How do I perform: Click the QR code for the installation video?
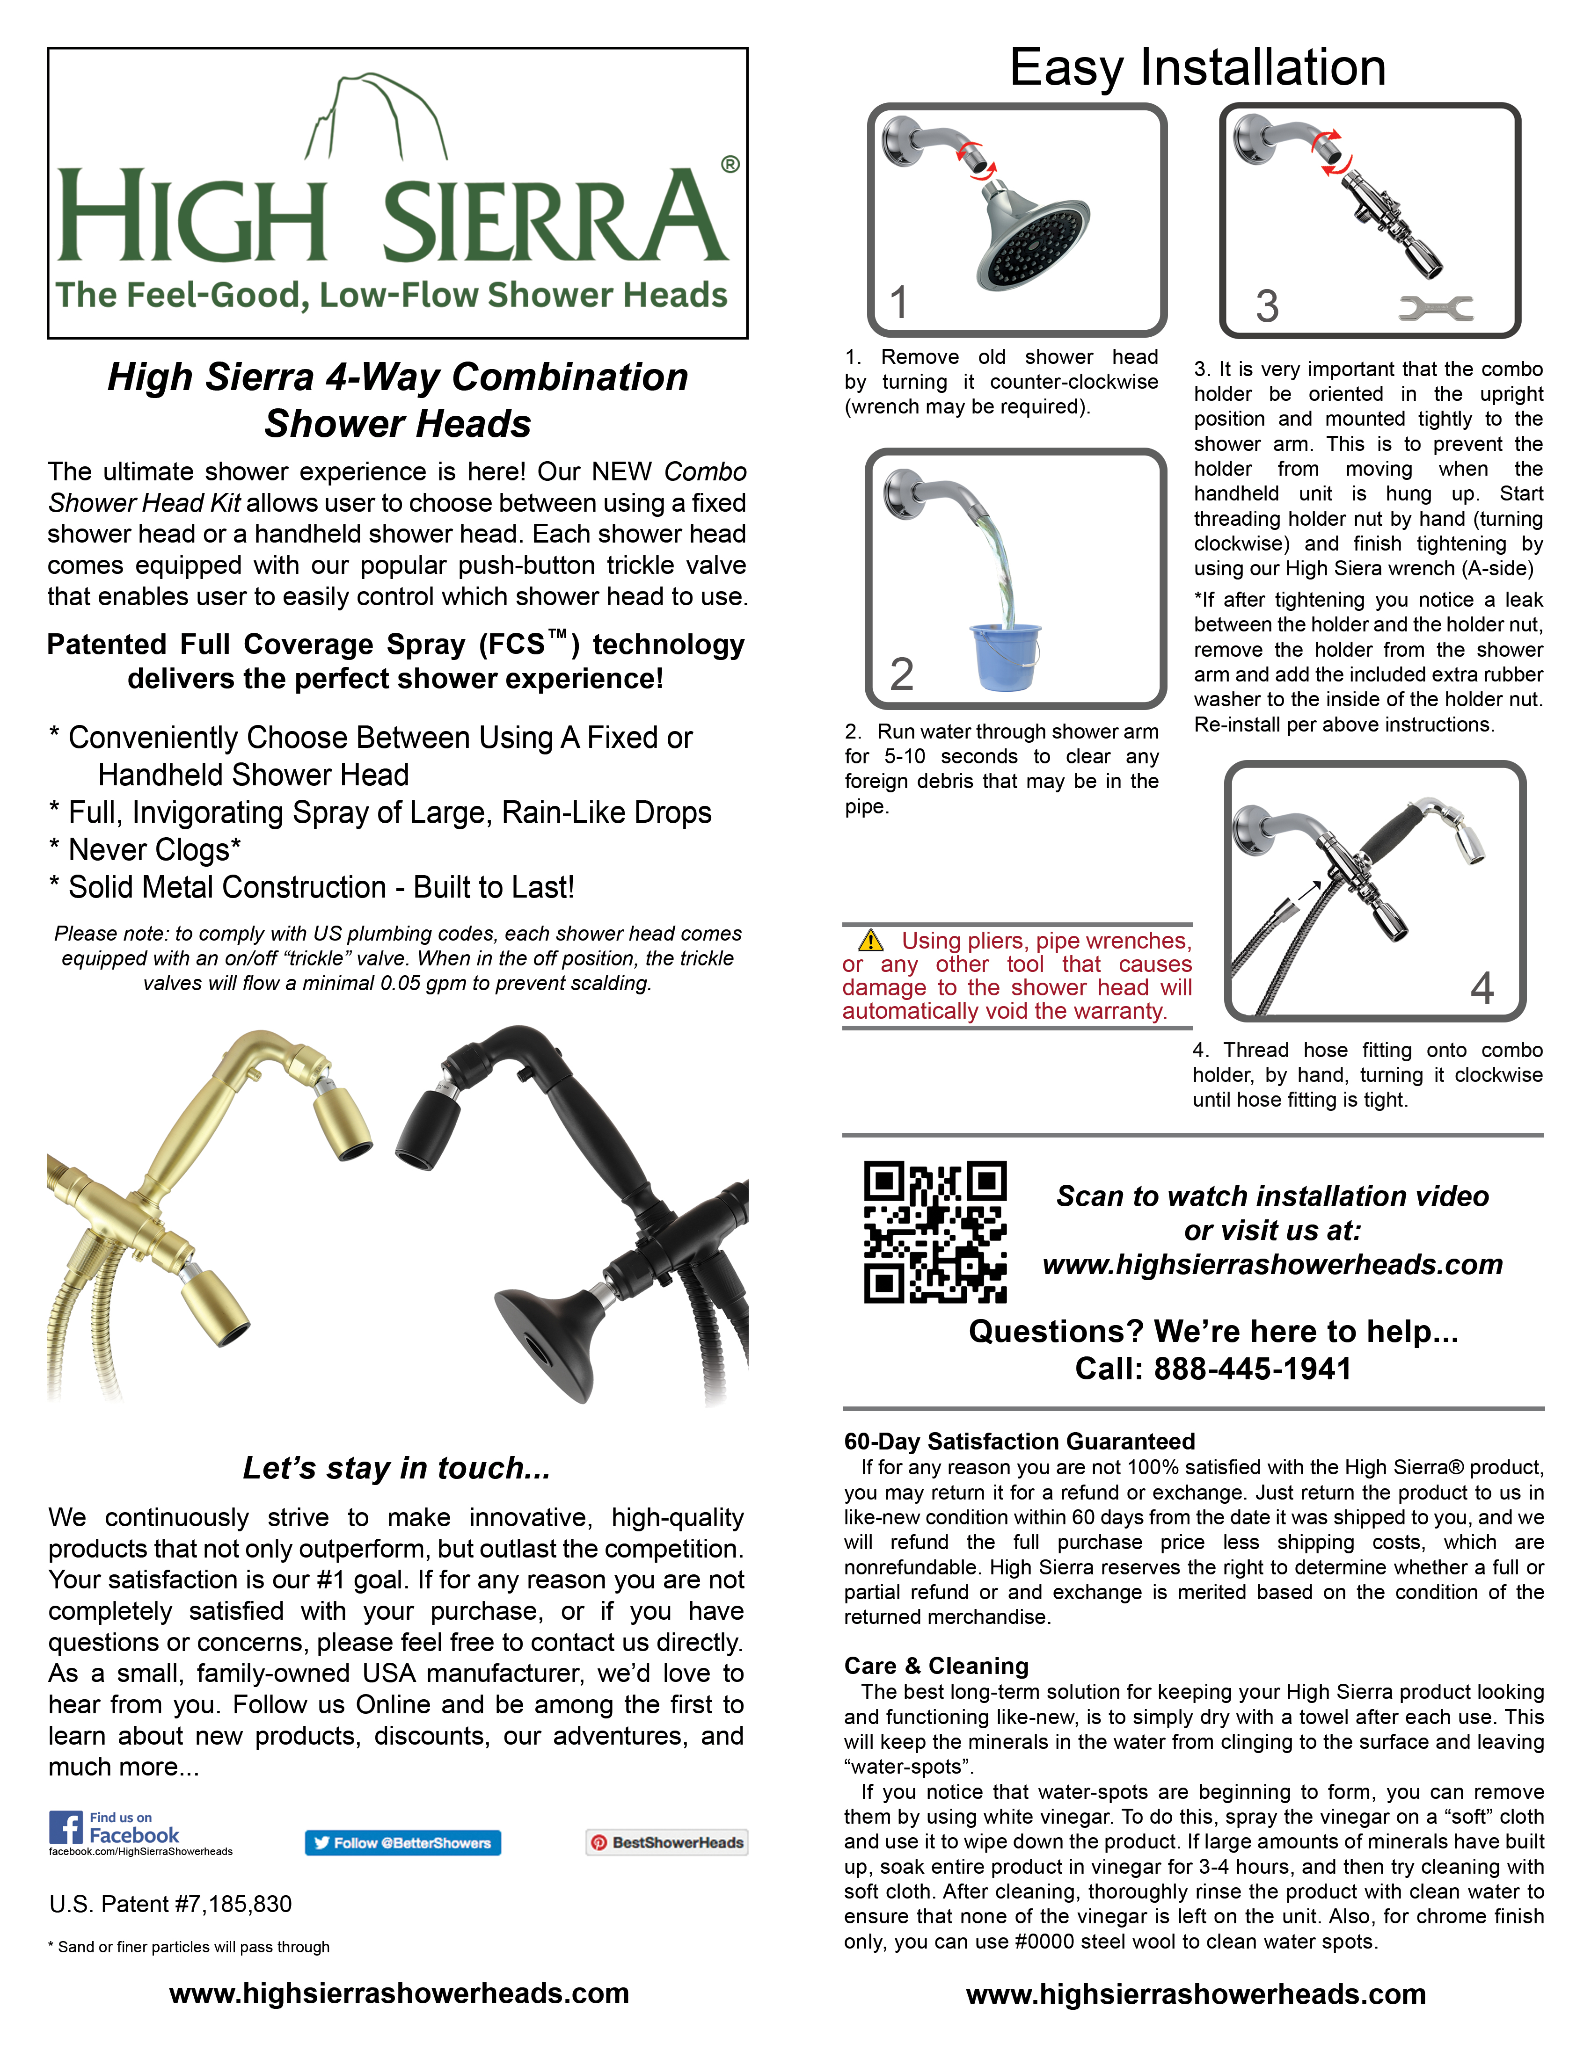coord(935,1232)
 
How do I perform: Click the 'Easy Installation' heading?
coord(1197,68)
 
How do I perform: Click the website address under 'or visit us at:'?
coord(1272,1265)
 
